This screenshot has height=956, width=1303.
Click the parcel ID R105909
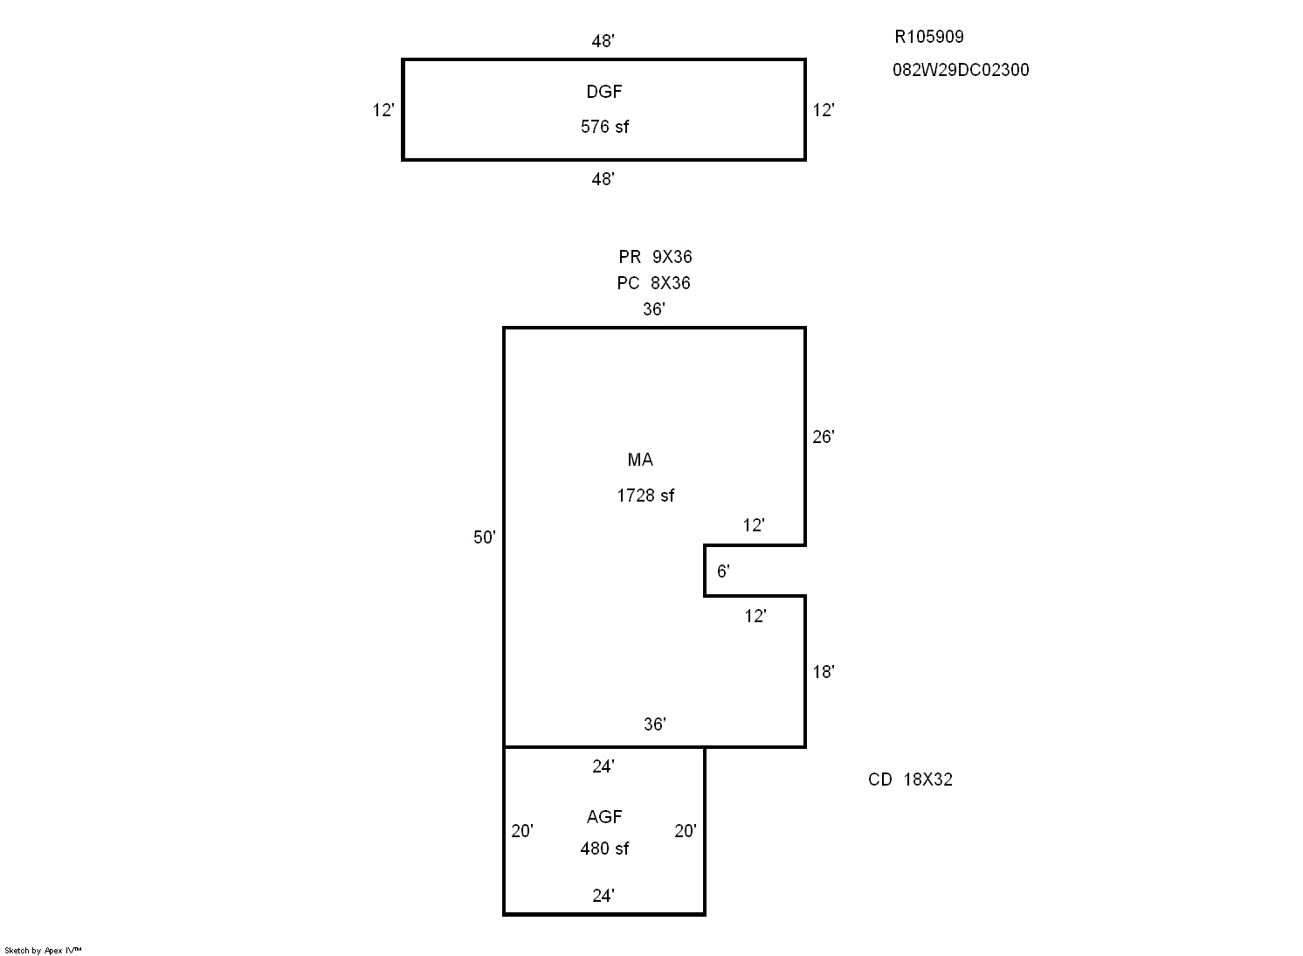click(x=928, y=37)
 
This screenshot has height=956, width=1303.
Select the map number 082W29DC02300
click(x=961, y=70)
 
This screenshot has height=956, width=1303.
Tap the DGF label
click(x=604, y=92)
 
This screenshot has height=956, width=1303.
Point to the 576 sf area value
click(x=604, y=127)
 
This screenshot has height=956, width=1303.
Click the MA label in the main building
click(x=640, y=460)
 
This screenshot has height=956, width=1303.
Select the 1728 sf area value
click(x=645, y=495)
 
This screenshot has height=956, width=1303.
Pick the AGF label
click(x=604, y=817)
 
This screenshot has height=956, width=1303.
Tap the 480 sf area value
click(x=604, y=849)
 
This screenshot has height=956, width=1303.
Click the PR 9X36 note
click(x=655, y=257)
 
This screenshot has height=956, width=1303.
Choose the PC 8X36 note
click(x=653, y=283)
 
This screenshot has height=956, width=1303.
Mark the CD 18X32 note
click(x=910, y=779)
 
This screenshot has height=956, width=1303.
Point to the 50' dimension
click(x=485, y=537)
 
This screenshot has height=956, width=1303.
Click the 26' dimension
click(x=824, y=437)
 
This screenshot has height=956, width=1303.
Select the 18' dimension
click(x=824, y=672)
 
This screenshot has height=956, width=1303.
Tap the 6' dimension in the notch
click(x=723, y=572)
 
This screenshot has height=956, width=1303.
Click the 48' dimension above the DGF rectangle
click(x=603, y=41)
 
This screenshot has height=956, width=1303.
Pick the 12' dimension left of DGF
click(x=383, y=110)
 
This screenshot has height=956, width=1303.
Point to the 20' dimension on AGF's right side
click(x=686, y=831)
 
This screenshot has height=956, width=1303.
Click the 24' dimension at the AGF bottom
click(x=603, y=896)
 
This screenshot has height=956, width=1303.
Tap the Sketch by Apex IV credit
click(x=43, y=950)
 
